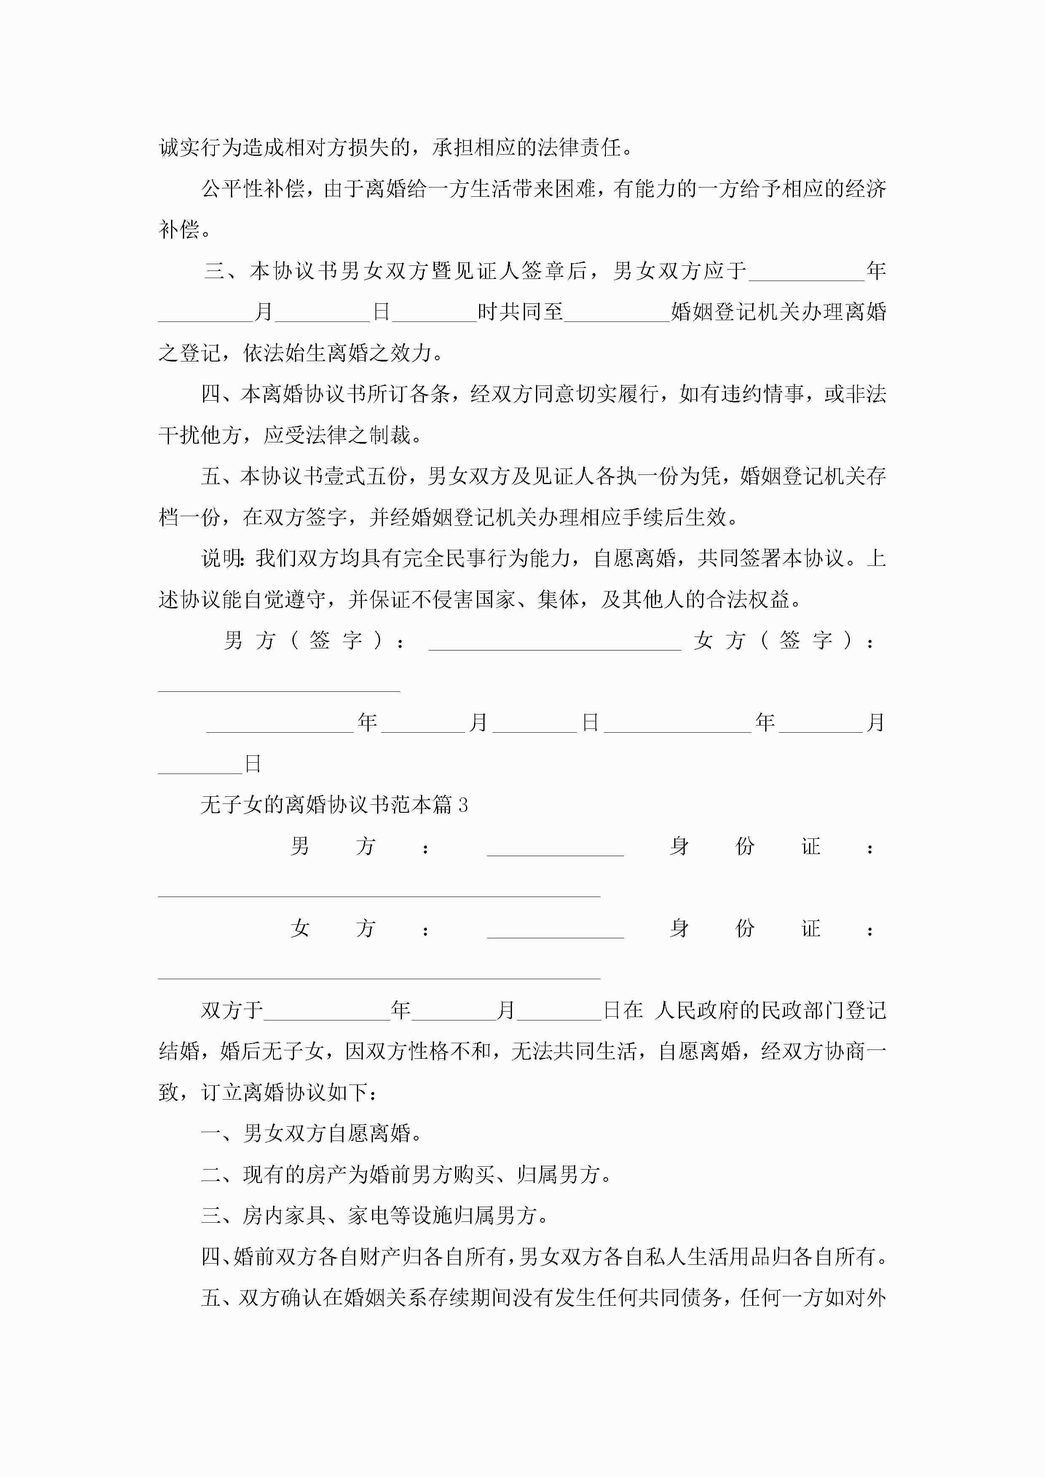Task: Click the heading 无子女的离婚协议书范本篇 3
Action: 334,805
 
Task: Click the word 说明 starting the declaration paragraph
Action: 221,558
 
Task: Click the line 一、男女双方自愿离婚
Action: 312,1133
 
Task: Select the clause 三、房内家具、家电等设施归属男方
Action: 375,1216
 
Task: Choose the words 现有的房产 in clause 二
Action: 295,1174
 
